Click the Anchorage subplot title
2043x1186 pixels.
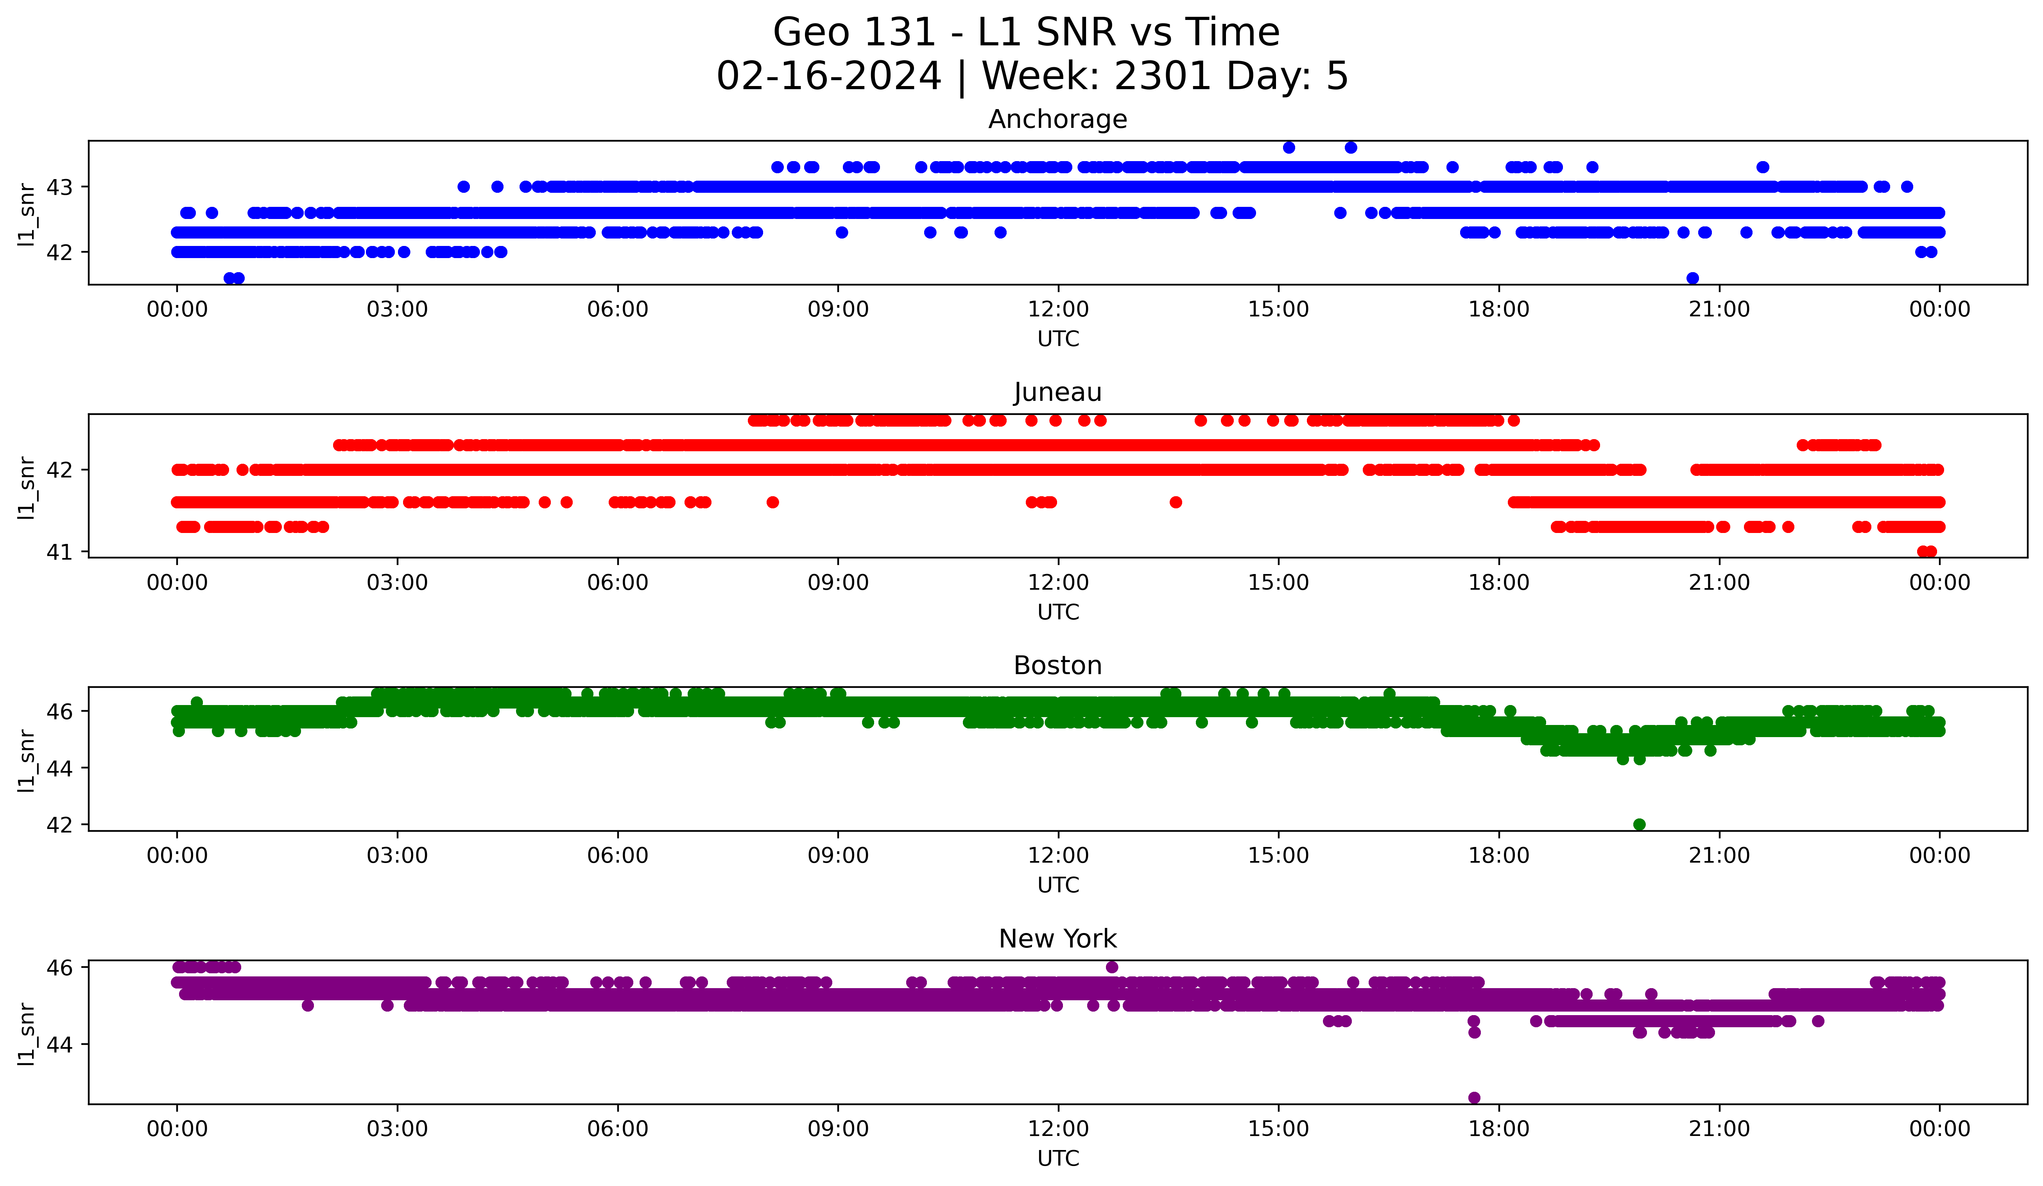coord(1057,119)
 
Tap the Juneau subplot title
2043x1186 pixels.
coord(1057,392)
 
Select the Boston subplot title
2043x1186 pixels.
coord(1057,666)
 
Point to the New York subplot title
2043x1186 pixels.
coord(1057,939)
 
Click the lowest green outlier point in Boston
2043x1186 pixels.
coord(1639,824)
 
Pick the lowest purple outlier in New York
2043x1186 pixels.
coord(1474,1098)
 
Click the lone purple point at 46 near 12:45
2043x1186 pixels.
coord(1111,967)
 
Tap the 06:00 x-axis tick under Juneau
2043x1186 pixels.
coord(618,582)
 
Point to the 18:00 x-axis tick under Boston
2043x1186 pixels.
coord(1498,855)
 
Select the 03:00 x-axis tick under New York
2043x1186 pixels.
coord(397,1129)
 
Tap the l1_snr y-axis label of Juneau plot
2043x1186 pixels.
coord(27,486)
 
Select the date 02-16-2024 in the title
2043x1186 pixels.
coord(828,76)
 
